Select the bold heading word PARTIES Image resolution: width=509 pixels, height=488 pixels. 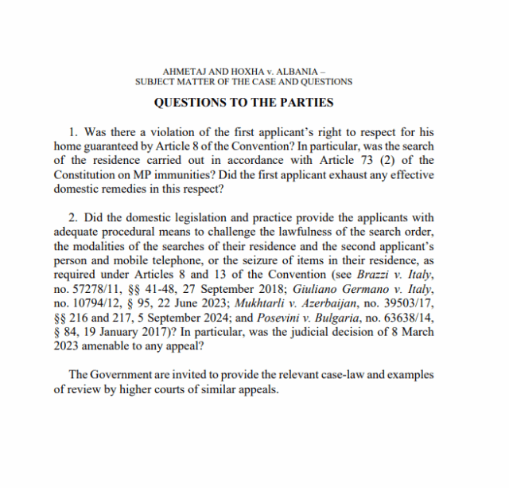click(x=306, y=103)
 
